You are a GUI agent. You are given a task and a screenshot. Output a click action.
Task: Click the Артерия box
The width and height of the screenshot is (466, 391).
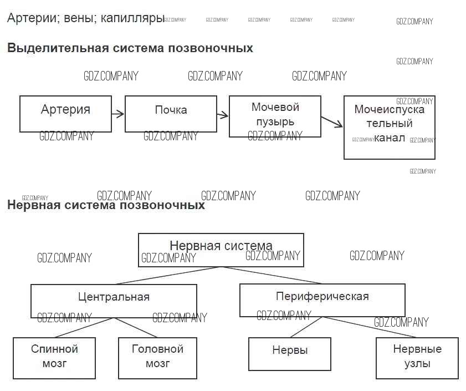pyautogui.click(x=65, y=114)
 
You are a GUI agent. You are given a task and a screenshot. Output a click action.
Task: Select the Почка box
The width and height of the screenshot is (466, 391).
pyautogui.click(x=171, y=114)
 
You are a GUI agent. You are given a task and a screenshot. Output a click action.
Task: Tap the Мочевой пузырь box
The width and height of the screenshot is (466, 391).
pyautogui.click(x=275, y=116)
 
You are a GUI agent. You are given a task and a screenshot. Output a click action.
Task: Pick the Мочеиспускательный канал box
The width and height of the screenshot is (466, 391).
pyautogui.click(x=389, y=128)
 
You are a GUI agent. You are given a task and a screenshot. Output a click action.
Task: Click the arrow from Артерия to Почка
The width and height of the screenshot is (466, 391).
pyautogui.click(x=117, y=115)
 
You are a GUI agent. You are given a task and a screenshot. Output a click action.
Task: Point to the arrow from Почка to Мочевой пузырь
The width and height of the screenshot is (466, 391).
pyautogui.click(x=223, y=115)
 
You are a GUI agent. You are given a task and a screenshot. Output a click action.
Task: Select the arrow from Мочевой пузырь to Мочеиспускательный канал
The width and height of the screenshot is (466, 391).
pyautogui.click(x=332, y=121)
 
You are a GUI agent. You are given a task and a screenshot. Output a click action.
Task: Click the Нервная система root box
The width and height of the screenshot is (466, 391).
pyautogui.click(x=221, y=250)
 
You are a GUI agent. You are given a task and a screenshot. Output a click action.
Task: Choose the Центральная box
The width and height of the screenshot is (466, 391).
pyautogui.click(x=114, y=301)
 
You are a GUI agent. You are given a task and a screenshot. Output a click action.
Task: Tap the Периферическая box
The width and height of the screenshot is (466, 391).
pyautogui.click(x=322, y=300)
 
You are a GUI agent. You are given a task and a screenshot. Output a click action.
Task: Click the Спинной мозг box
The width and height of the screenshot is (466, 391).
pyautogui.click(x=54, y=358)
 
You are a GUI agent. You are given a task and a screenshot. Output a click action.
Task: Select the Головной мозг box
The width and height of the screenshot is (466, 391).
pyautogui.click(x=157, y=358)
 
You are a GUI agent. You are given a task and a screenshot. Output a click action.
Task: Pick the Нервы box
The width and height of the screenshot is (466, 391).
pyautogui.click(x=290, y=354)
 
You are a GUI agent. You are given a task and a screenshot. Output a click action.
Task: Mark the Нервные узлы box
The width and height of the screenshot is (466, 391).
pyautogui.click(x=417, y=358)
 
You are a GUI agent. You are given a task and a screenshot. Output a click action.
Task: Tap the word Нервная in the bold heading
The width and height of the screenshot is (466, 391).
pyautogui.click(x=30, y=205)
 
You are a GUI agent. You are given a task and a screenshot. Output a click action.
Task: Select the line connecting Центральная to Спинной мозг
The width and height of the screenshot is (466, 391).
pyautogui.click(x=84, y=327)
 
